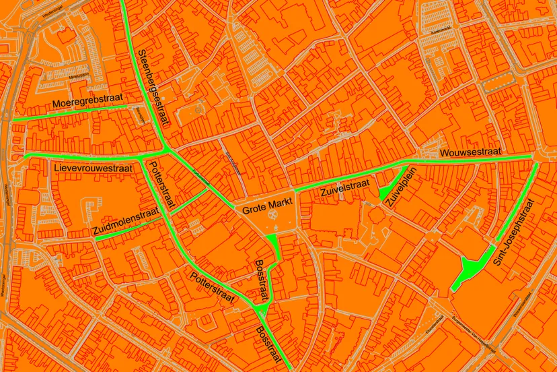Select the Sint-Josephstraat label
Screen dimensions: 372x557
(x=517, y=231)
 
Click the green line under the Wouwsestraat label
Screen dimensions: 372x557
(x=471, y=161)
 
